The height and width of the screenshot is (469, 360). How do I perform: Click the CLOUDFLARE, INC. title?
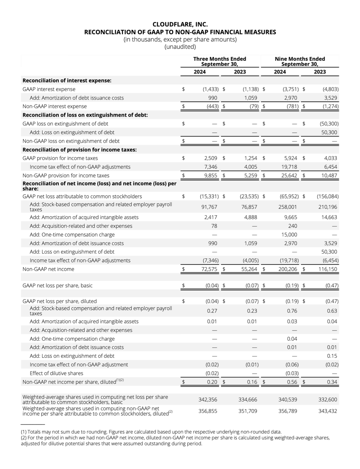pos(180,24)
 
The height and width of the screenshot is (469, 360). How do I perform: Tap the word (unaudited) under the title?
pos(180,47)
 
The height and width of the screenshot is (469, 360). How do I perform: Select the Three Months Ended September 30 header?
pos(220,61)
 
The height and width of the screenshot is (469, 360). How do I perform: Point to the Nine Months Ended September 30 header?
pos(300,61)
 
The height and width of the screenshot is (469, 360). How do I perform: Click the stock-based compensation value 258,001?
pos(288,207)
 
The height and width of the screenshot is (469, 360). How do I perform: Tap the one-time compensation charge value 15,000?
pos(289,234)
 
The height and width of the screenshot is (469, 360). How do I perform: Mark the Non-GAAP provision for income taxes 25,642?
pos(289,176)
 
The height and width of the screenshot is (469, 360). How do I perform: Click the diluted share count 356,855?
pos(208,411)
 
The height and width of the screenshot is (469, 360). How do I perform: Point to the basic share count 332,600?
pos(328,400)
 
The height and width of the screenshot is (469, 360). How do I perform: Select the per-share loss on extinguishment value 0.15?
pos(332,356)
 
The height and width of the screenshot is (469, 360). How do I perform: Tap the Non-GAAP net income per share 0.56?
pos(292,382)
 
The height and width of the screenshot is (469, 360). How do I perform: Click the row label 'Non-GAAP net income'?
pos(48,269)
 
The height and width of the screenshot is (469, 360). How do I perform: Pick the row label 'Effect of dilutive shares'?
pos(56,373)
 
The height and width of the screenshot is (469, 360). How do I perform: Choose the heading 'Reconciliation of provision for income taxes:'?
pos(80,150)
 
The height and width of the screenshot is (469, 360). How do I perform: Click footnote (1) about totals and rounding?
pos(151,432)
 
